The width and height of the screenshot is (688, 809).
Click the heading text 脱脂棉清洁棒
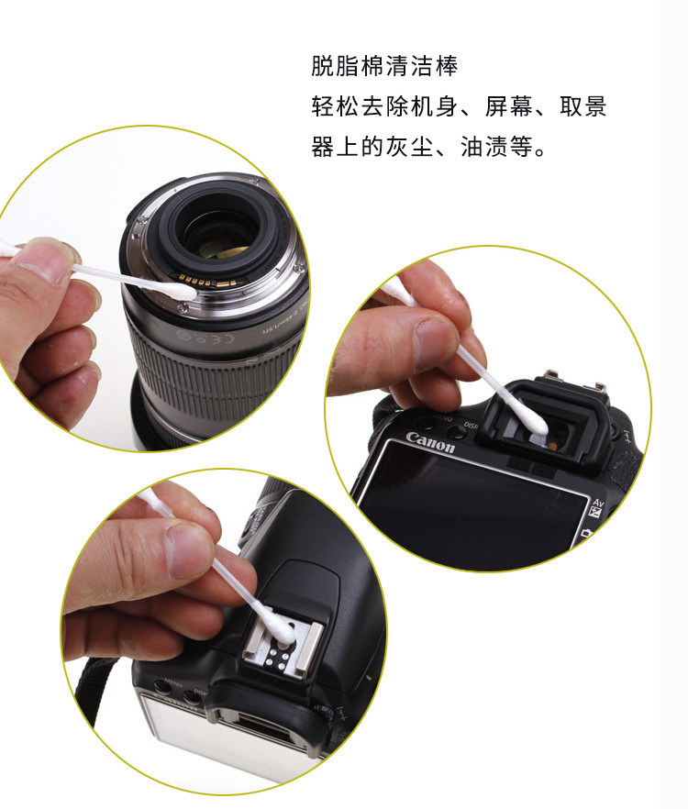pos(384,66)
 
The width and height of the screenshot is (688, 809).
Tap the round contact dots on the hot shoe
pos(275,659)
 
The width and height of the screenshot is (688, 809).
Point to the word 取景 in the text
pos(583,106)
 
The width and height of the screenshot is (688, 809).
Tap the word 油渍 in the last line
pos(483,147)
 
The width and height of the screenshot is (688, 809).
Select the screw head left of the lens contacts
pos(183,308)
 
